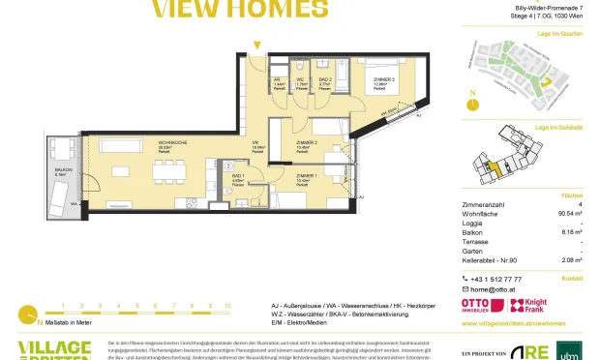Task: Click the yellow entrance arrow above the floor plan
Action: click(x=256, y=45)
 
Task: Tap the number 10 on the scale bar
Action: click(x=226, y=305)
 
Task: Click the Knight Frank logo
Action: click(x=534, y=304)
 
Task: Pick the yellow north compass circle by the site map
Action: click(x=474, y=98)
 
